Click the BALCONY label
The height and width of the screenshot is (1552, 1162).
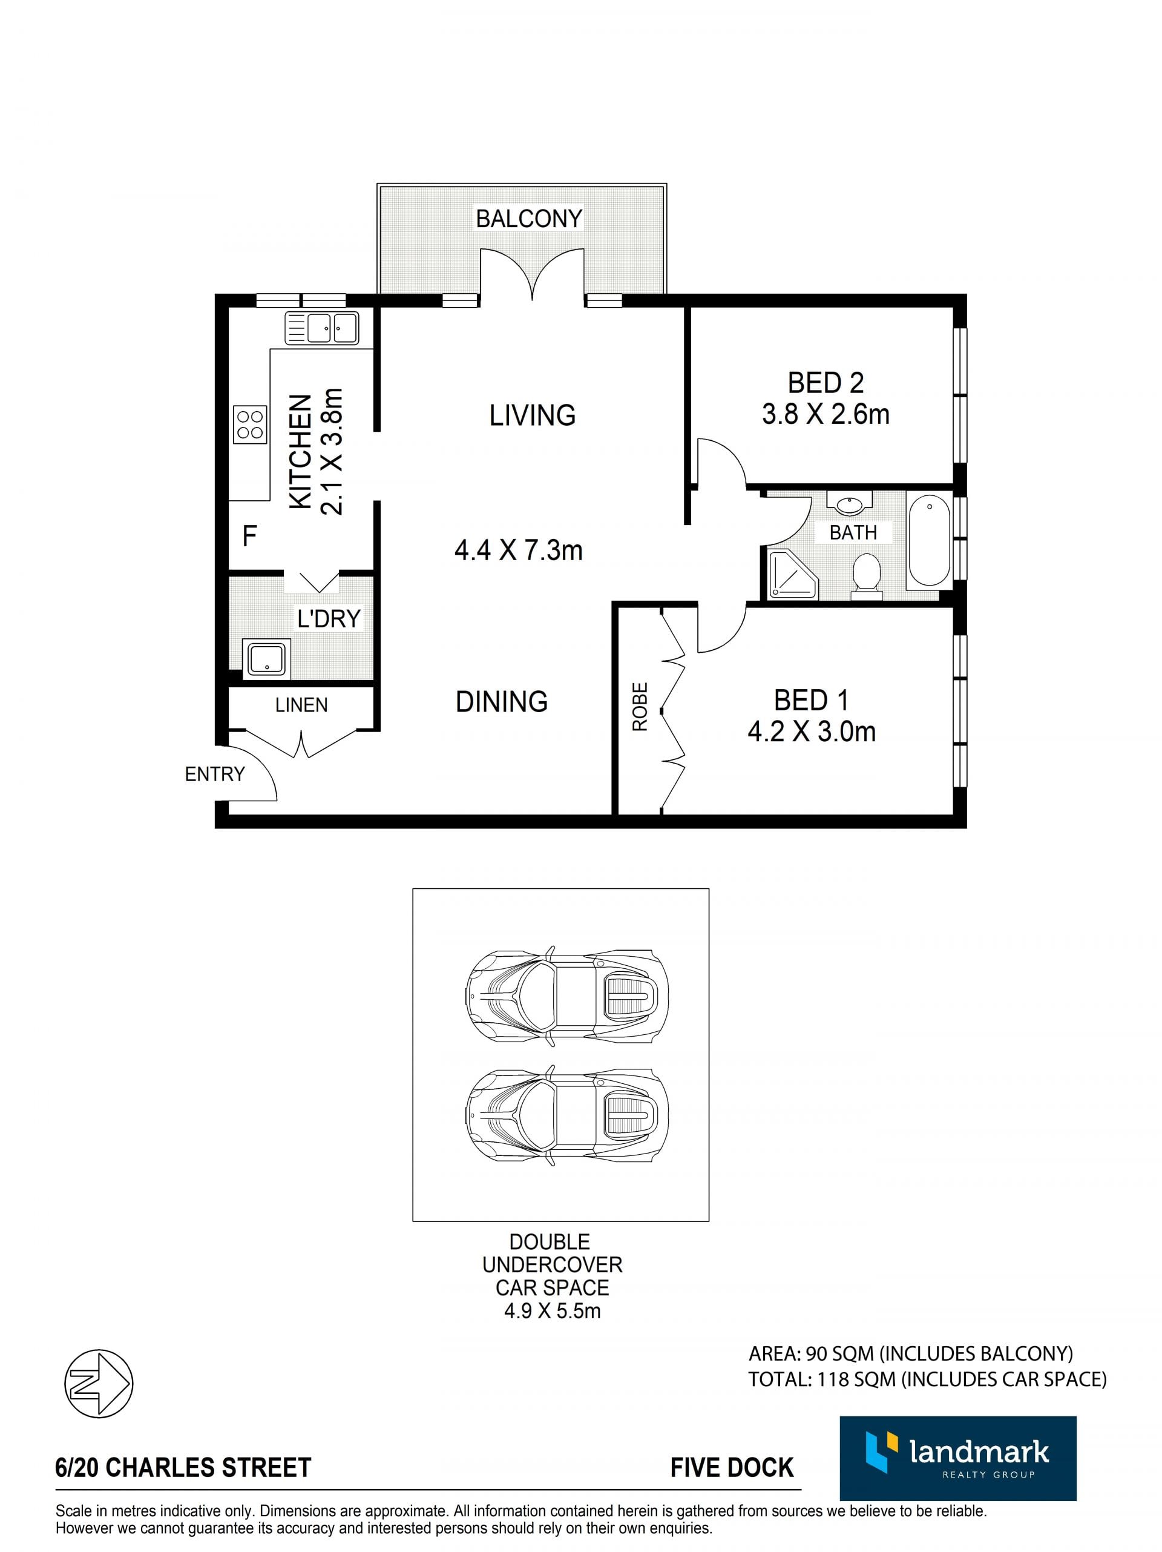pos(529,219)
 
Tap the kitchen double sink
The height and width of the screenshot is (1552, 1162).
pos(321,328)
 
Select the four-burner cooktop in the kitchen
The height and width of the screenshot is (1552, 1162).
pos(250,424)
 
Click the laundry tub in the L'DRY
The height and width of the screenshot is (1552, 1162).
pos(266,659)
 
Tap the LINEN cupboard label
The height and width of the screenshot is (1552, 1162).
pos(301,705)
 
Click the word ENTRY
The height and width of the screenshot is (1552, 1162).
pos(215,774)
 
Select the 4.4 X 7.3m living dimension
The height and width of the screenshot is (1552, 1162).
pos(518,550)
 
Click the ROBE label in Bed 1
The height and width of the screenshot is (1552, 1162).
pos(640,707)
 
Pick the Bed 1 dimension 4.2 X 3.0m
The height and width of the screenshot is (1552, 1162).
pos(812,732)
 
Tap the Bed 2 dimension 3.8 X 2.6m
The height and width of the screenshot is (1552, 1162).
pos(826,414)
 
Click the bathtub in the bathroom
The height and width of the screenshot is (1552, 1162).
pos(928,540)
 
